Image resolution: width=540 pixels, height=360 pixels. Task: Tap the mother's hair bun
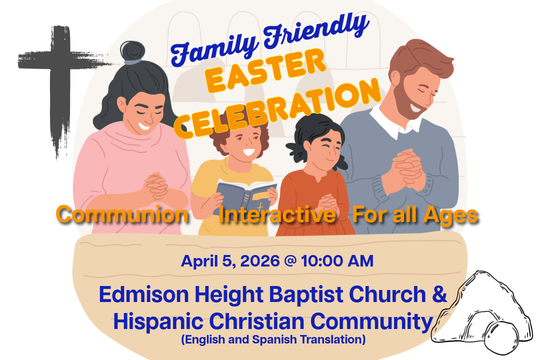(132, 51)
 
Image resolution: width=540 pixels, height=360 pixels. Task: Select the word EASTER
(265, 70)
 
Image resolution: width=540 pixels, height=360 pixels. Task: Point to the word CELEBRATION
(277, 108)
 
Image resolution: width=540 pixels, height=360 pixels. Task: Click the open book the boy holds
(246, 194)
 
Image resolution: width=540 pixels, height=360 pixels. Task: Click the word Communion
(122, 214)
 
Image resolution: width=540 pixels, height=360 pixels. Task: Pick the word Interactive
(277, 214)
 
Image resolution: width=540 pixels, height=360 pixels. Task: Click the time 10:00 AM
(337, 261)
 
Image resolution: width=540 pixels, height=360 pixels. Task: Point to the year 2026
(259, 261)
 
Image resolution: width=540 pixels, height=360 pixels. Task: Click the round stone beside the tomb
(501, 338)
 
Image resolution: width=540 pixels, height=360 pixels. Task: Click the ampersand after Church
(439, 294)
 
